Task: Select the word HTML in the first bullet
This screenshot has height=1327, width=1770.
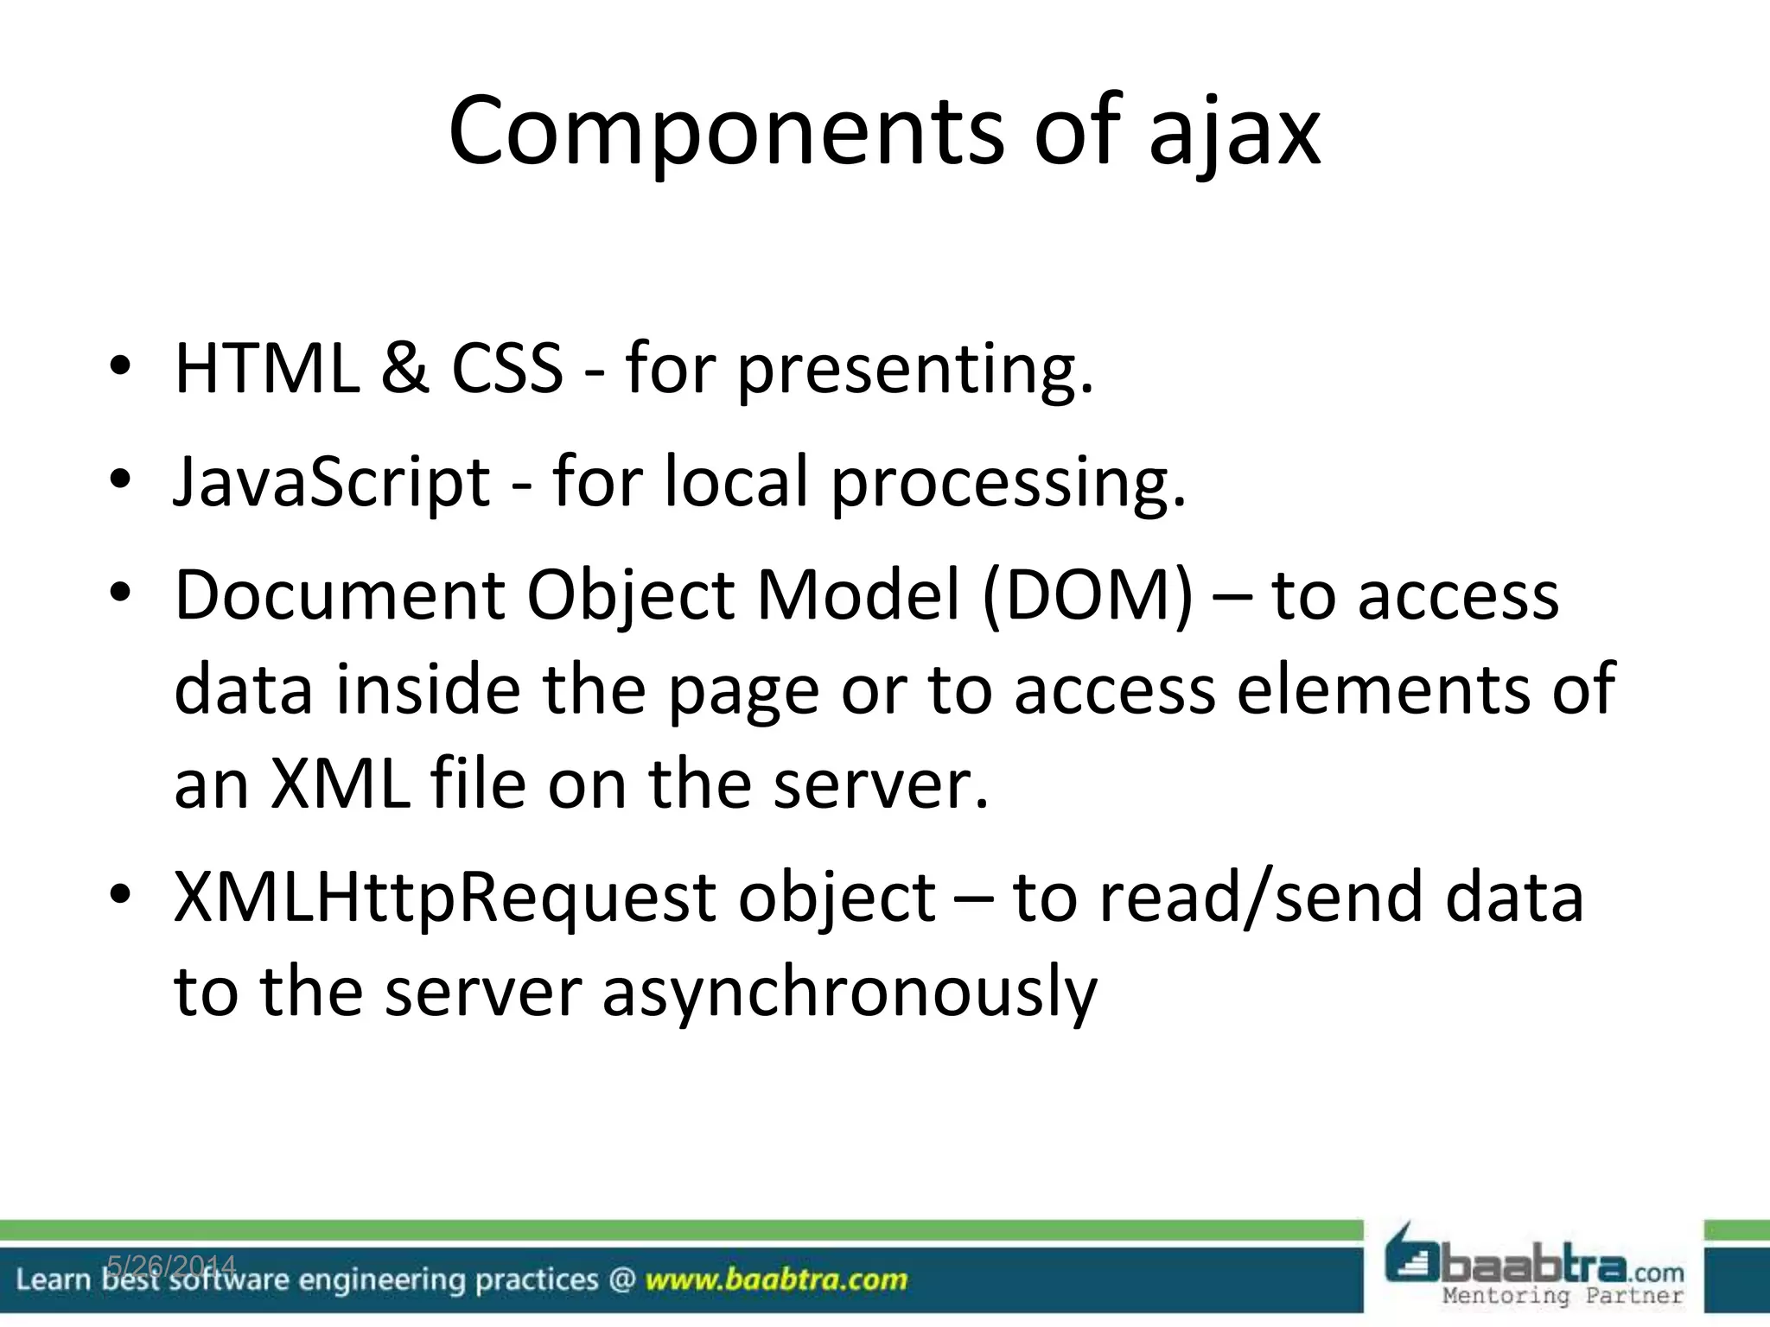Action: tap(267, 368)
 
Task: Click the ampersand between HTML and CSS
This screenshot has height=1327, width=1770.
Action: tap(404, 368)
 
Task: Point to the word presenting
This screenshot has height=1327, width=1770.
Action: tap(914, 371)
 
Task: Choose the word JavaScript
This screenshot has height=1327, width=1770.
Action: tap(332, 482)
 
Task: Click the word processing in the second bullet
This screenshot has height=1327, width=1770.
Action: tap(1008, 484)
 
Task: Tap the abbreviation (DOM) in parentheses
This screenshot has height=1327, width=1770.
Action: tap(1087, 596)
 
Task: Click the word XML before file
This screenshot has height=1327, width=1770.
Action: tap(341, 783)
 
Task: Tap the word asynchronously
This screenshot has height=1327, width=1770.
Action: tap(849, 994)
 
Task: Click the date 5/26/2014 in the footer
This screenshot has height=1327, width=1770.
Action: tap(171, 1267)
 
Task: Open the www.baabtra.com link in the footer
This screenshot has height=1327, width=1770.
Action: tap(776, 1279)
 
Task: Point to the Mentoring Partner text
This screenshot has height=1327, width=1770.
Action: tap(1563, 1296)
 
